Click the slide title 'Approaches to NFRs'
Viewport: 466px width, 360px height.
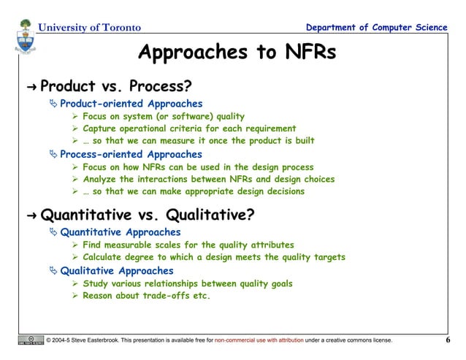237,53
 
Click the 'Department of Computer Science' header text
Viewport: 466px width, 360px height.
378,28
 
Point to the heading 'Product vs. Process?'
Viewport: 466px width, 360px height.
110,88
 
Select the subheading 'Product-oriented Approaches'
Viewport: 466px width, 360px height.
131,104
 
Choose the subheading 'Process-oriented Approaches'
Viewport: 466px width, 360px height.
131,155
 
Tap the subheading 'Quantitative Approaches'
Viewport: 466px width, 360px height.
120,232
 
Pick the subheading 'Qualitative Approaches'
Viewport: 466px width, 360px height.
117,270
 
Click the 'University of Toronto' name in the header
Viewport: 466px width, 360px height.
88,28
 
